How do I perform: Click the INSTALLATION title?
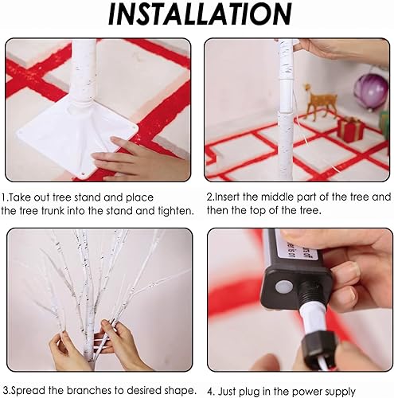(x=201, y=14)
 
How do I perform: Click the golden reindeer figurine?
(x=320, y=102)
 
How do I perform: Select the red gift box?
(x=351, y=130)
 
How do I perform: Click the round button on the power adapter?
(x=284, y=287)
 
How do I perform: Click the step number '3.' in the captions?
(x=6, y=391)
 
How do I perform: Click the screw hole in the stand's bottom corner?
(x=84, y=174)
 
